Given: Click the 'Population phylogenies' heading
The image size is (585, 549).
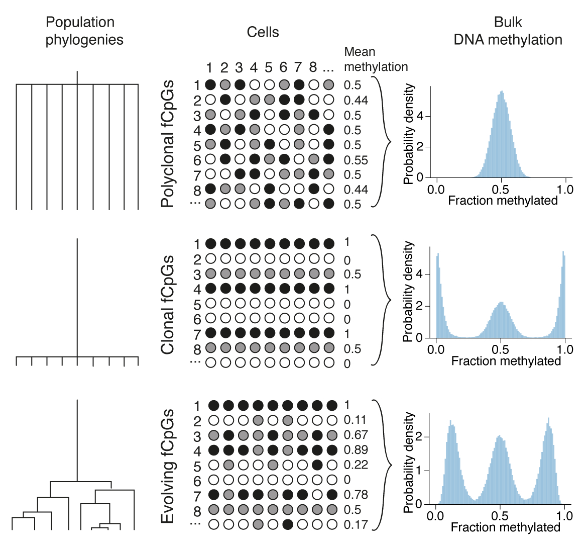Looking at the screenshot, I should tap(84, 31).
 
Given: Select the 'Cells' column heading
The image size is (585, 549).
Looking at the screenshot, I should tap(263, 32).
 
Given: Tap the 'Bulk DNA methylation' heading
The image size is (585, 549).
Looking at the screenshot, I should tap(508, 31).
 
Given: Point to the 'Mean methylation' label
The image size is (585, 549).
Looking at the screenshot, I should tap(376, 59).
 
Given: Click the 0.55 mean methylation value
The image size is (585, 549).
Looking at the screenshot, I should tap(356, 160).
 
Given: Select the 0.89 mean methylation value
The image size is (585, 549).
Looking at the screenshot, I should tap(356, 450).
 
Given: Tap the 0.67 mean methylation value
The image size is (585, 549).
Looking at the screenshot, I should tap(356, 435).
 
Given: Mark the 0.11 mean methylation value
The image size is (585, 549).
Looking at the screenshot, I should tap(356, 420).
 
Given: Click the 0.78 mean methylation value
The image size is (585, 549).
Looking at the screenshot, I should tap(356, 495).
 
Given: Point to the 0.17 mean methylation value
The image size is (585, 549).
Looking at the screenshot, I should tap(356, 525).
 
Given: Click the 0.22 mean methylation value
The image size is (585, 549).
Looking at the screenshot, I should tap(356, 465).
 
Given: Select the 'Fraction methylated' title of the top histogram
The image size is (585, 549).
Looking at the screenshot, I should tap(503, 201).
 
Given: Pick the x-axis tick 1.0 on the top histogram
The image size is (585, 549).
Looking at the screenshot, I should tap(565, 190).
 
